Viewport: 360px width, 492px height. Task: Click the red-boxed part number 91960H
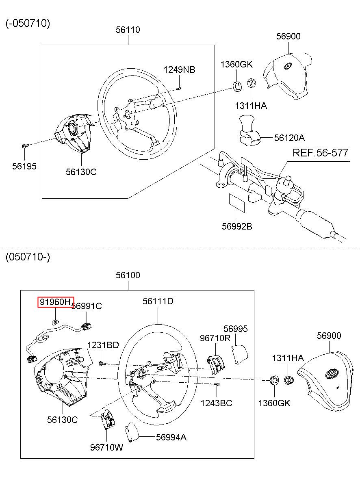(55, 302)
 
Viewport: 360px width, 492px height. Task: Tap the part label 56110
(128, 30)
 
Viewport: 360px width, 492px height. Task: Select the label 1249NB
(180, 69)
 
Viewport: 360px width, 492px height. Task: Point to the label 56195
(24, 166)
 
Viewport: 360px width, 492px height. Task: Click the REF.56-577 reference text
(321, 153)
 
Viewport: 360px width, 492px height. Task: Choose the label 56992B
(237, 226)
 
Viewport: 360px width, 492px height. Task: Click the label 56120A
(289, 138)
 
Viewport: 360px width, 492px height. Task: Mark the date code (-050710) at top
(28, 23)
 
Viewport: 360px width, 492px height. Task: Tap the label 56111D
(158, 301)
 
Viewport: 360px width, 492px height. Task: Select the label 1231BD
(103, 345)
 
